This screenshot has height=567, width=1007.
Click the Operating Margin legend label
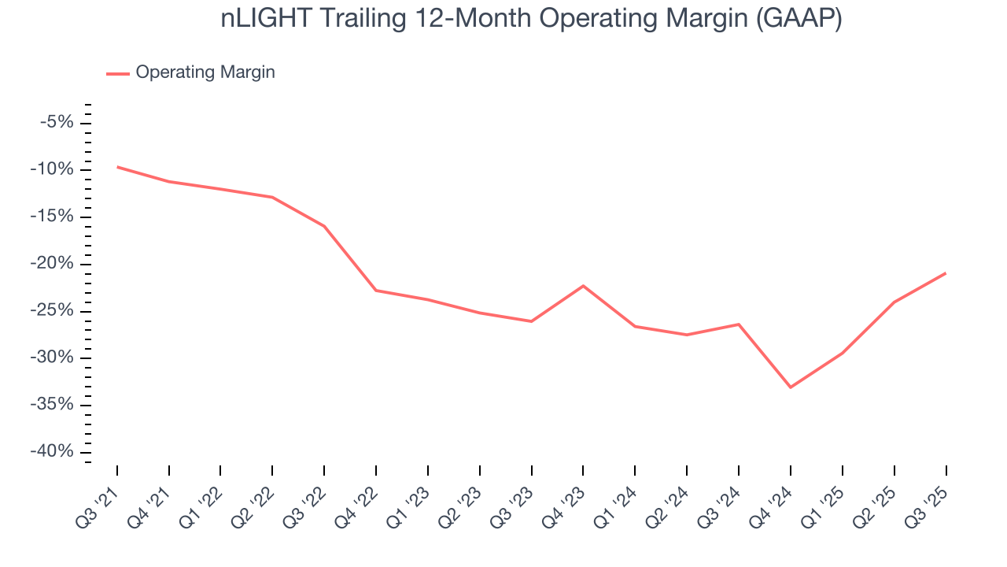click(x=205, y=72)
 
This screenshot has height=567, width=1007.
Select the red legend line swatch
click(x=118, y=73)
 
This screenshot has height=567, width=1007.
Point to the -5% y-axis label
click(x=57, y=122)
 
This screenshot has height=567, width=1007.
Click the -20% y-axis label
click(x=53, y=264)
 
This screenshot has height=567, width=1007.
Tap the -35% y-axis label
click(x=53, y=405)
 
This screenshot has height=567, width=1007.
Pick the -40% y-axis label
click(x=53, y=452)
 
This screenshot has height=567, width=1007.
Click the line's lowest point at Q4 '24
click(x=790, y=387)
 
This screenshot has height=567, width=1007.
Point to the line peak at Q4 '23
click(x=583, y=286)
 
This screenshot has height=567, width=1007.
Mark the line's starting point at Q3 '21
click(x=117, y=167)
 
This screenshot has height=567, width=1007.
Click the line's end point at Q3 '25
click(x=945, y=273)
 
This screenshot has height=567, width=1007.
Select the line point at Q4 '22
click(x=376, y=291)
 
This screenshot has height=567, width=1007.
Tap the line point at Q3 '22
click(x=324, y=226)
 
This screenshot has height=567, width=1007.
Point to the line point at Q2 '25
click(x=894, y=302)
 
